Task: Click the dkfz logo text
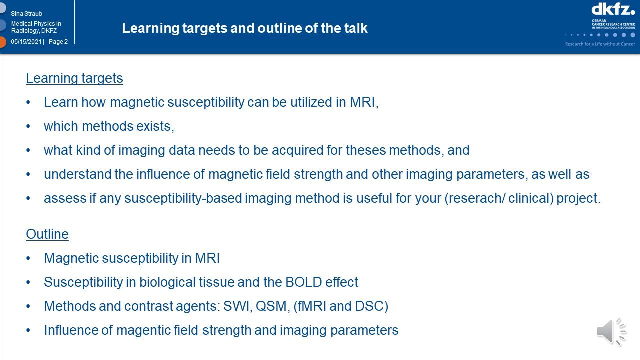pos(613,9)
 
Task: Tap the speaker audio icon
pos(612,332)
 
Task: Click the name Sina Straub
pos(26,13)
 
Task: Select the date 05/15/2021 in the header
pos(26,41)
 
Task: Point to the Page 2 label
pos(58,41)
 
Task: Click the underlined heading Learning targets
pos(74,78)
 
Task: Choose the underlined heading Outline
pos(47,234)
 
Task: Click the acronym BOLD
pos(303,282)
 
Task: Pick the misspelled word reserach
pos(475,198)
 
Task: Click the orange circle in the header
pos(2,42)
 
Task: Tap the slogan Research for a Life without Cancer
pos(600,44)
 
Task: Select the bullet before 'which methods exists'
pos(28,126)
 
